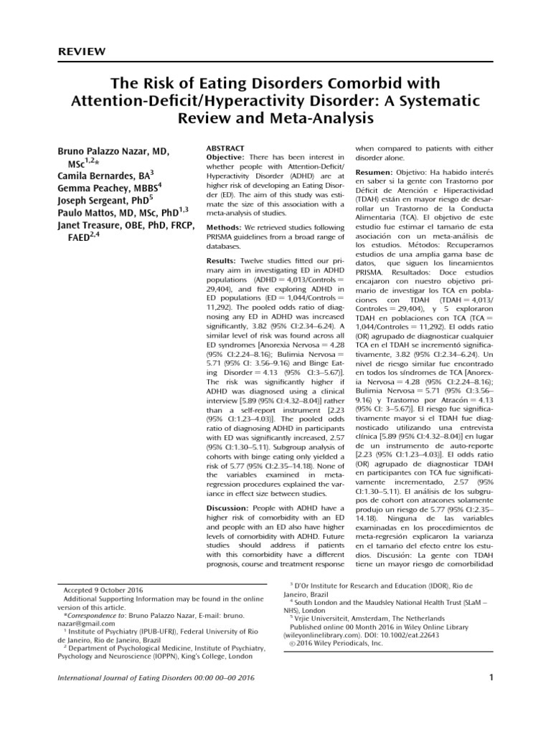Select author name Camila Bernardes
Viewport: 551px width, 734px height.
[x=98, y=174]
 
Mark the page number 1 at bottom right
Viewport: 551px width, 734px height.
[x=491, y=678]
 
